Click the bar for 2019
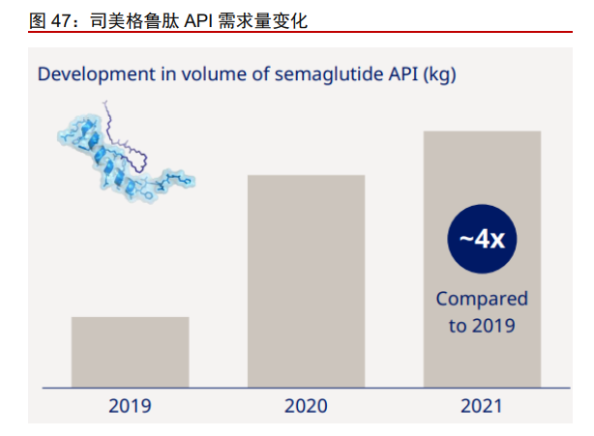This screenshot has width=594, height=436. pyautogui.click(x=130, y=352)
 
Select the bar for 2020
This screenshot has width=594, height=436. pyautogui.click(x=306, y=281)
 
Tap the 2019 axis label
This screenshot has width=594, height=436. pyautogui.click(x=130, y=405)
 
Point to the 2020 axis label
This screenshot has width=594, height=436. pyautogui.click(x=306, y=405)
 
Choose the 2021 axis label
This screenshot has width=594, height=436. pyautogui.click(x=481, y=405)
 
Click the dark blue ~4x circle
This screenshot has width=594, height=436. pyautogui.click(x=482, y=239)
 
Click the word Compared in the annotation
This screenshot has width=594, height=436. pyautogui.click(x=482, y=299)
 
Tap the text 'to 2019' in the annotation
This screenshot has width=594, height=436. pyautogui.click(x=482, y=325)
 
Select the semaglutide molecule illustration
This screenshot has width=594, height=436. pyautogui.click(x=125, y=155)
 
